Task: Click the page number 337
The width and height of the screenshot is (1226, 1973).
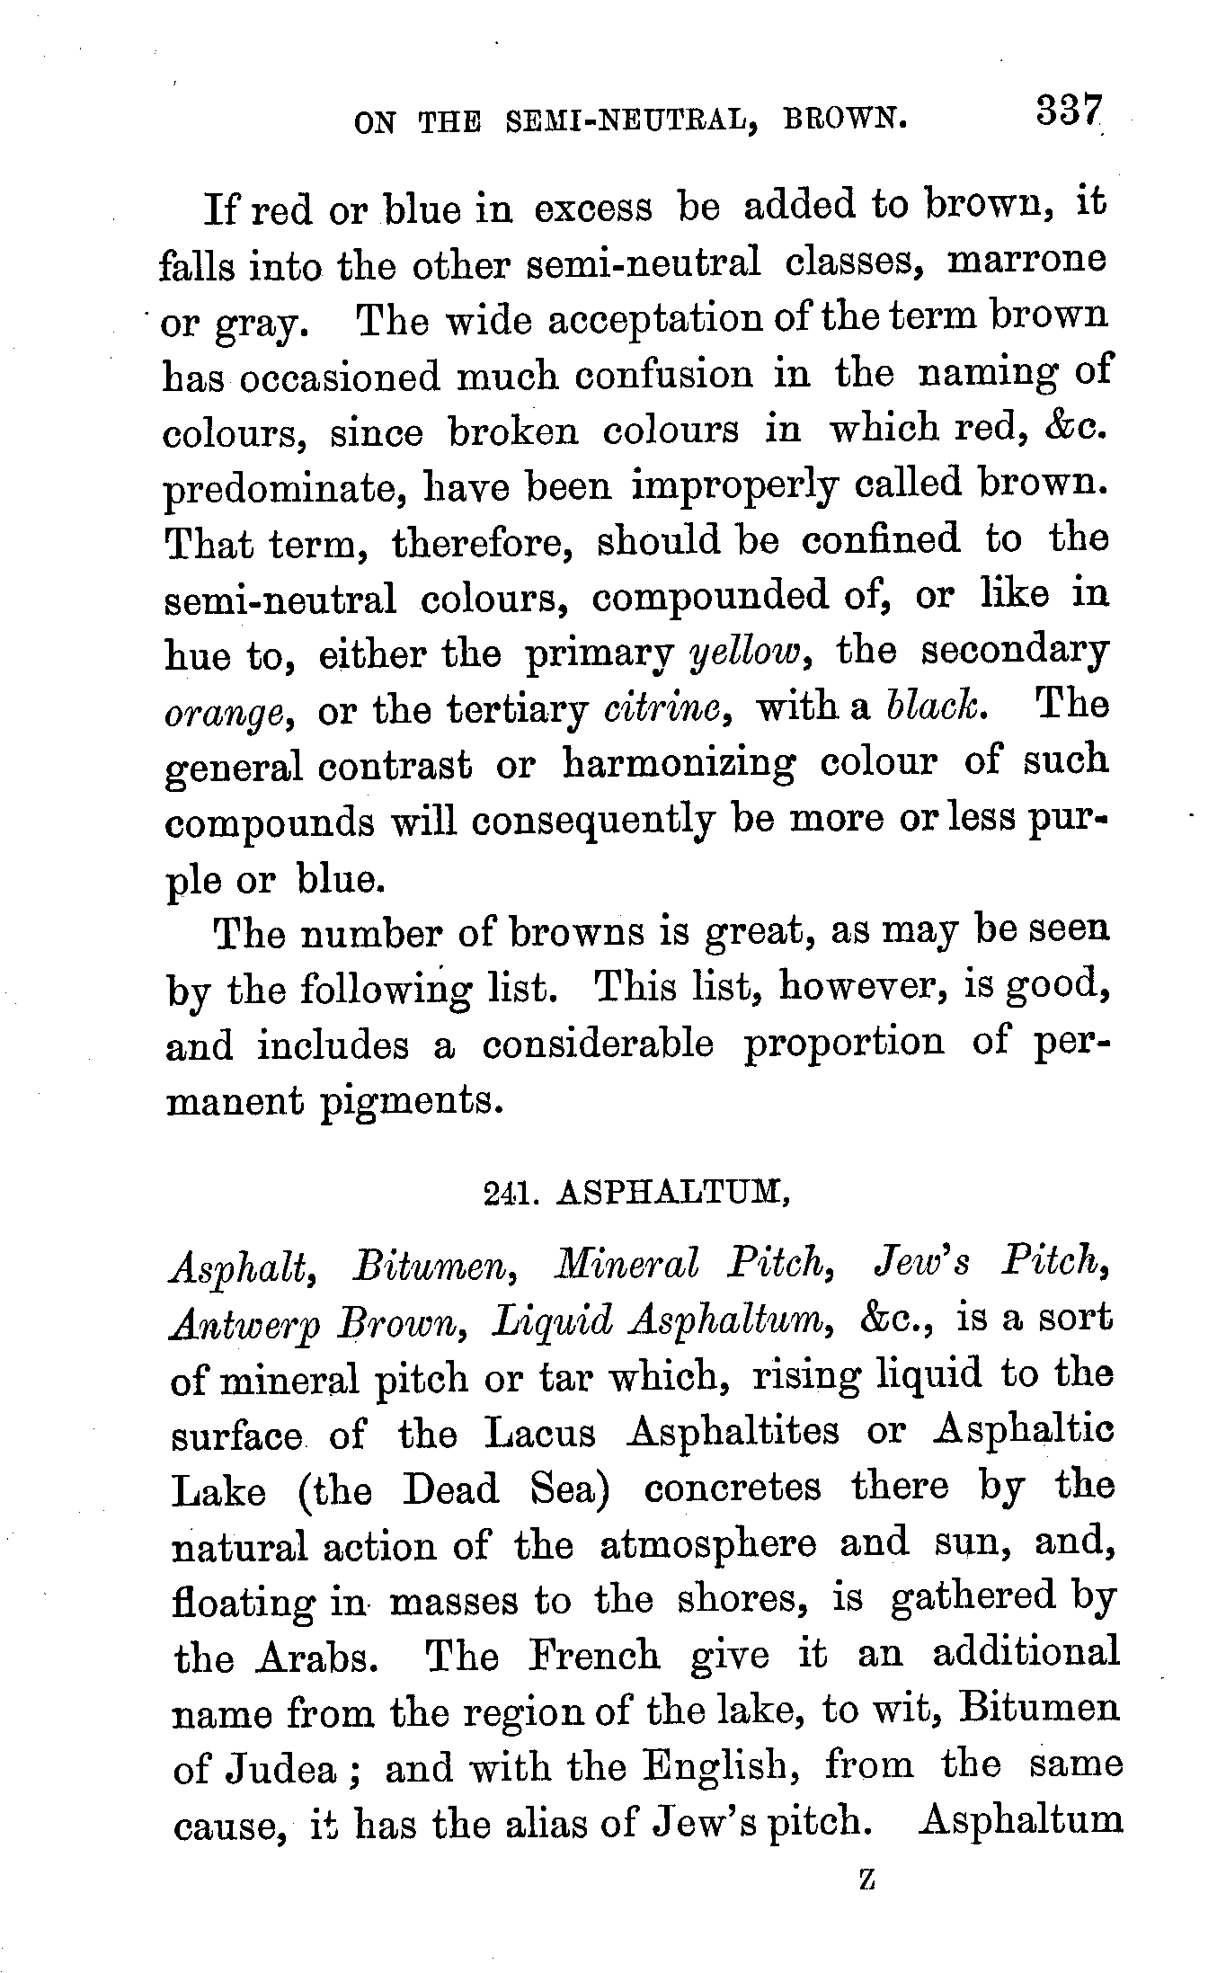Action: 1068,111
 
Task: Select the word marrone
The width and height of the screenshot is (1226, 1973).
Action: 1028,261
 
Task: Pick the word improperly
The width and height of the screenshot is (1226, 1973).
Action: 733,486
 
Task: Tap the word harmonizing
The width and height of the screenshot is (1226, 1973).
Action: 678,765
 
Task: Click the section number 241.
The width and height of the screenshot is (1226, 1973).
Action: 508,1193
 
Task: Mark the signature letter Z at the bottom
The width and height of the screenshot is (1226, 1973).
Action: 867,1879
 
